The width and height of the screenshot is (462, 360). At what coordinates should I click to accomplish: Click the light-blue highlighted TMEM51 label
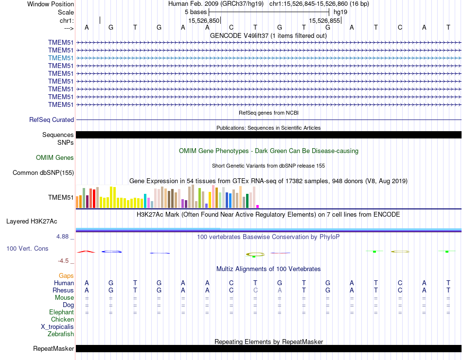click(x=61, y=58)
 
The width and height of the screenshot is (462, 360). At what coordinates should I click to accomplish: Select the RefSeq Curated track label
click(x=52, y=120)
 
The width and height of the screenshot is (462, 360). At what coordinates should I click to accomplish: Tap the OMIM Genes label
click(x=55, y=157)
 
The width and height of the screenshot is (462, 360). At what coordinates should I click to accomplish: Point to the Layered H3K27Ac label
click(x=32, y=222)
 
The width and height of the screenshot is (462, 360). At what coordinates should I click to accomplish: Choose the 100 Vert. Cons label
click(x=27, y=248)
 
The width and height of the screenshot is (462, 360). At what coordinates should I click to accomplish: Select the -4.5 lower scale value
click(x=65, y=260)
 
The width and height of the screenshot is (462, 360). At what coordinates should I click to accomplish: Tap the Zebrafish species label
click(x=61, y=334)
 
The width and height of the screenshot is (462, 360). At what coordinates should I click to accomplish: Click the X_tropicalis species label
click(x=57, y=327)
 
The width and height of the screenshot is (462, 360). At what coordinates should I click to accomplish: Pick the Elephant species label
click(x=61, y=312)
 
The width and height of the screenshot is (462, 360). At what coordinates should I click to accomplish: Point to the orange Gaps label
click(x=66, y=276)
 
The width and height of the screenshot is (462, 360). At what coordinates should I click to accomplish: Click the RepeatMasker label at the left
click(x=53, y=349)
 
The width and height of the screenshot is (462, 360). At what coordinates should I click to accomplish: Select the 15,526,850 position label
click(x=204, y=21)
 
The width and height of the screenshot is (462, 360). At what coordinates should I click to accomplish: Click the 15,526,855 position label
click(x=324, y=21)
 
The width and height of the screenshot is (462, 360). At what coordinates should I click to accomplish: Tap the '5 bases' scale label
click(x=195, y=12)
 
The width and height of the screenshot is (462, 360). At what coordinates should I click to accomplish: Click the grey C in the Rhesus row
click(x=255, y=291)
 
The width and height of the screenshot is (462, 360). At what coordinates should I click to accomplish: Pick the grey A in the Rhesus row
click(x=280, y=291)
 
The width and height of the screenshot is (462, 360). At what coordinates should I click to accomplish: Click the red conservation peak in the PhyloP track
click(x=86, y=251)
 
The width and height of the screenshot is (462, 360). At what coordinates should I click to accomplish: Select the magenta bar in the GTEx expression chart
click(x=258, y=206)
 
